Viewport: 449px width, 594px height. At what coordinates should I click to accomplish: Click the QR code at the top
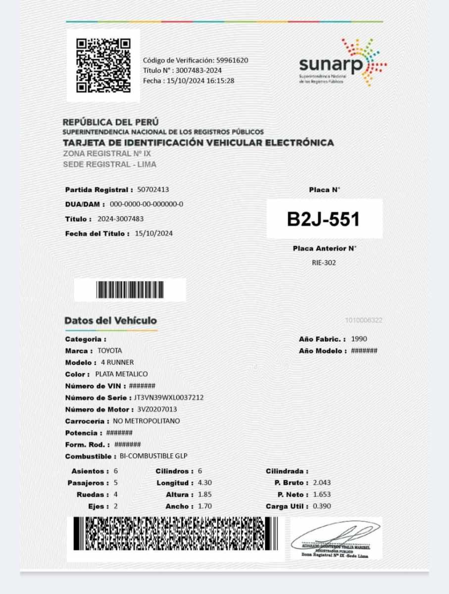tap(103, 65)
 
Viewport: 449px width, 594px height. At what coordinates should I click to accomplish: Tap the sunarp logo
tap(342, 63)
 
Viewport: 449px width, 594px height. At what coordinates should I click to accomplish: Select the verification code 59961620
tap(232, 60)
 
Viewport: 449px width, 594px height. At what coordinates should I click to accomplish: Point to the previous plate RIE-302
tap(324, 263)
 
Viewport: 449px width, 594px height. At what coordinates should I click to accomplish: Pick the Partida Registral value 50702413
tap(153, 190)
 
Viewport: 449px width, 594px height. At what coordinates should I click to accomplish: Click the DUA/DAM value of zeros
tap(147, 204)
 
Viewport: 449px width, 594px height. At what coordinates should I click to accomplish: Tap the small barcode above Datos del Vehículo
tap(130, 290)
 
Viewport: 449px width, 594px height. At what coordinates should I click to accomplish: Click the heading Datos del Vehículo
tap(110, 321)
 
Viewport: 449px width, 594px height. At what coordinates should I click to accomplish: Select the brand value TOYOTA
tap(109, 351)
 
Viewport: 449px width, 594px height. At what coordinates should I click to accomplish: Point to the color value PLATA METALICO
tap(121, 374)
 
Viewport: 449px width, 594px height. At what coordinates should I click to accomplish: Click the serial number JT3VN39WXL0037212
tap(168, 397)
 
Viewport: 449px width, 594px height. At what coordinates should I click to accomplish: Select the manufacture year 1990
tap(359, 339)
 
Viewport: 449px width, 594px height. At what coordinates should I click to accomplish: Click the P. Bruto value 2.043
tap(322, 483)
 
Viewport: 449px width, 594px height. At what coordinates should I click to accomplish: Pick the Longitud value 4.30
tap(205, 483)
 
